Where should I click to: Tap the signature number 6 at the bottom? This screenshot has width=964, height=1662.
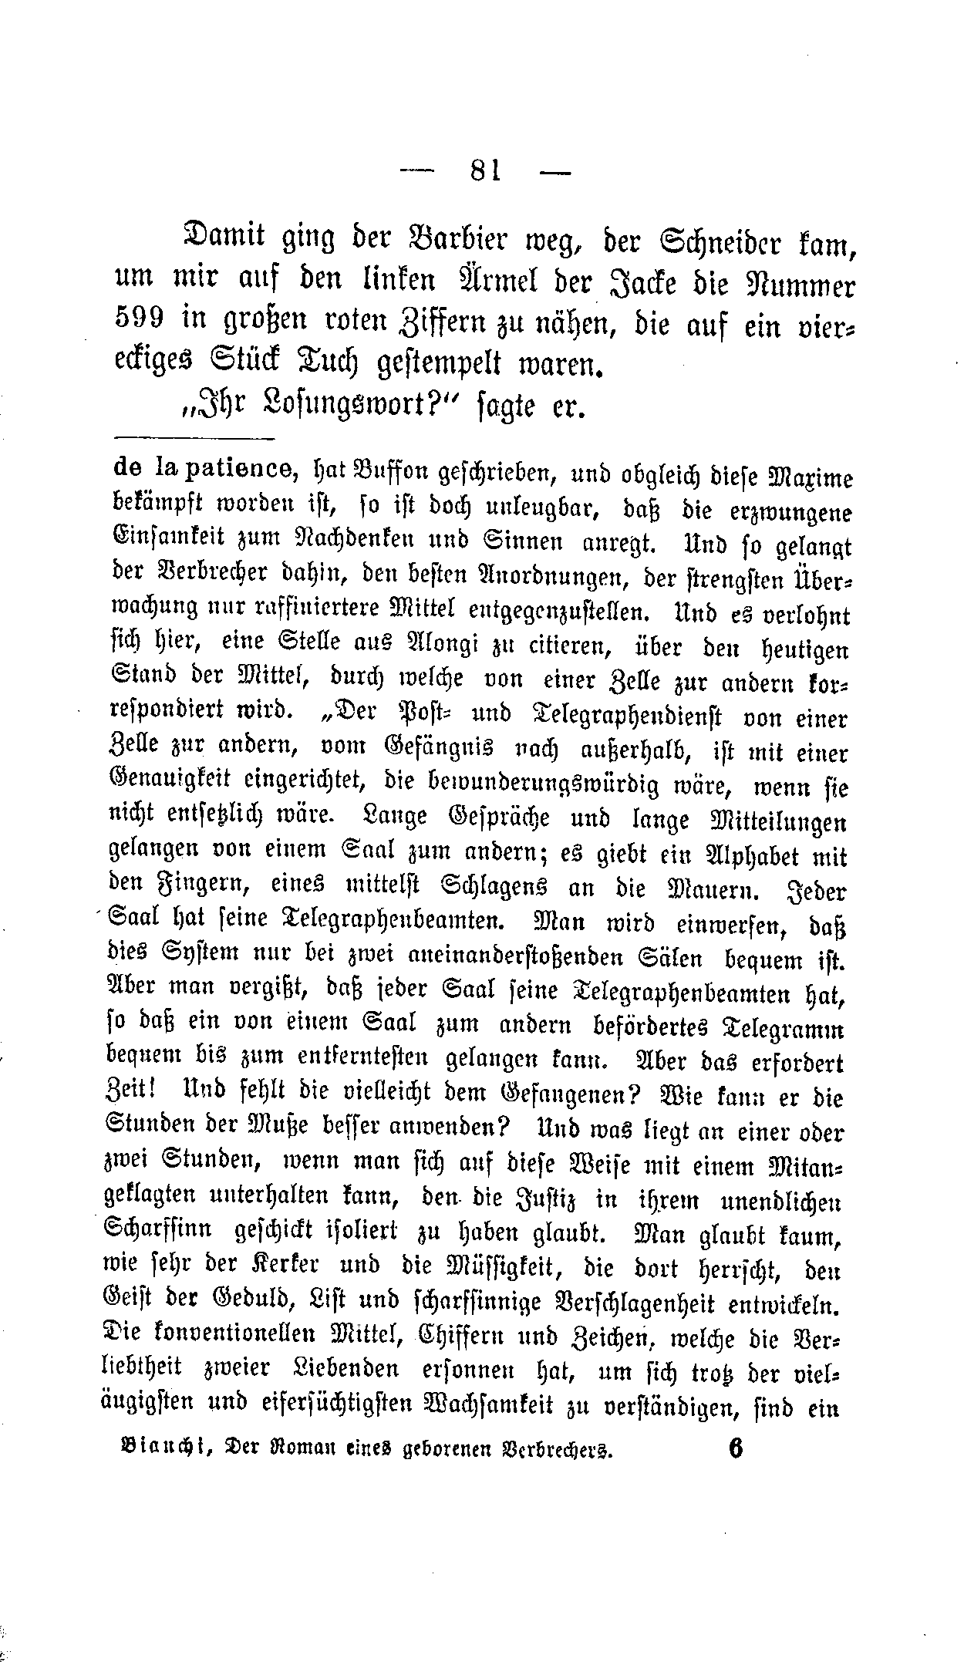[x=733, y=1448]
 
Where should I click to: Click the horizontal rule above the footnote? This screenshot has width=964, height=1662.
[x=193, y=440]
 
